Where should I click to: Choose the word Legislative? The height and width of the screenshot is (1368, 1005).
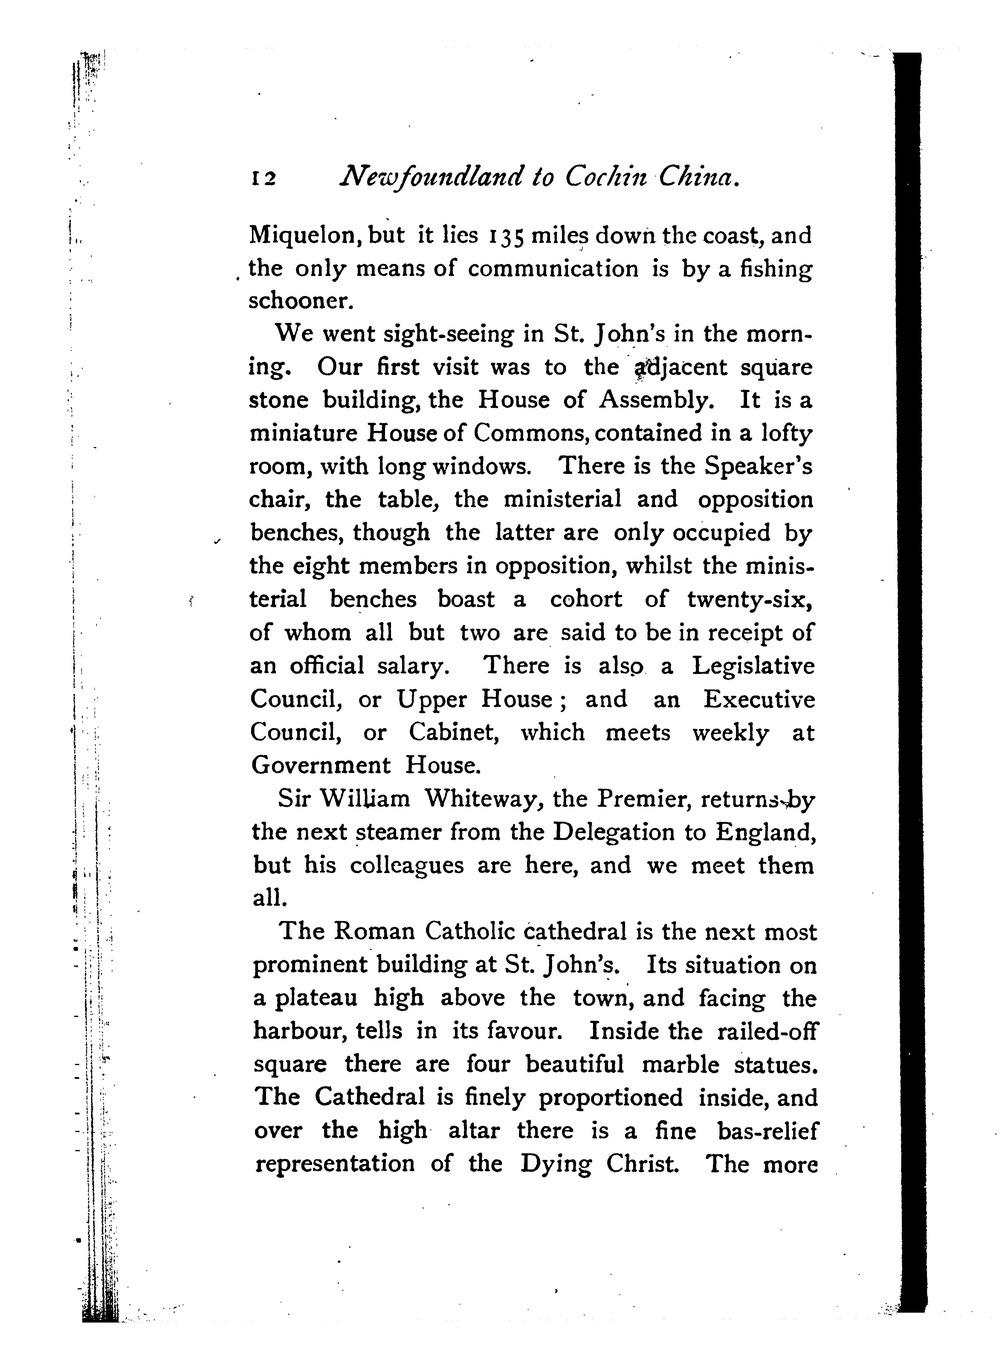753,666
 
